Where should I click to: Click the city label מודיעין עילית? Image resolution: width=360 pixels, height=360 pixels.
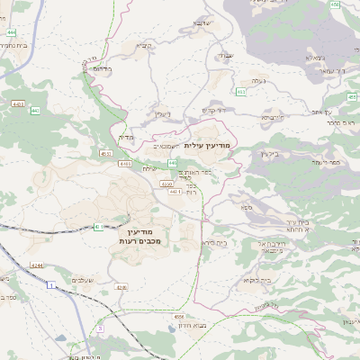click(x=208, y=145)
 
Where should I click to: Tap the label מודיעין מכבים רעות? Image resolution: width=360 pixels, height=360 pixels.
click(x=139, y=238)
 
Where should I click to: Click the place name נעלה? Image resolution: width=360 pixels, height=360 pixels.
click(x=258, y=82)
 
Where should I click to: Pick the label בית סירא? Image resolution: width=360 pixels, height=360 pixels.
click(x=213, y=242)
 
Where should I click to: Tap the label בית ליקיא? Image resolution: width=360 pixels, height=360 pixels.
click(x=232, y=280)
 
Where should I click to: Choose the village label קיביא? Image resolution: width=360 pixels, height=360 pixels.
click(x=144, y=45)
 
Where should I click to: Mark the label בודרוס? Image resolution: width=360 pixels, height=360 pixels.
click(x=102, y=67)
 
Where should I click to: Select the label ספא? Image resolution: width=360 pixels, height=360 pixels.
click(x=246, y=207)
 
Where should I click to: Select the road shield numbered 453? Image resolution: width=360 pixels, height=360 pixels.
click(x=241, y=92)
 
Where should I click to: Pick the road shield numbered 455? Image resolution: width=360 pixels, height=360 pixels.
click(x=334, y=5)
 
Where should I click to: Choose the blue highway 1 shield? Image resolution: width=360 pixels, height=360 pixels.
click(x=52, y=284)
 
